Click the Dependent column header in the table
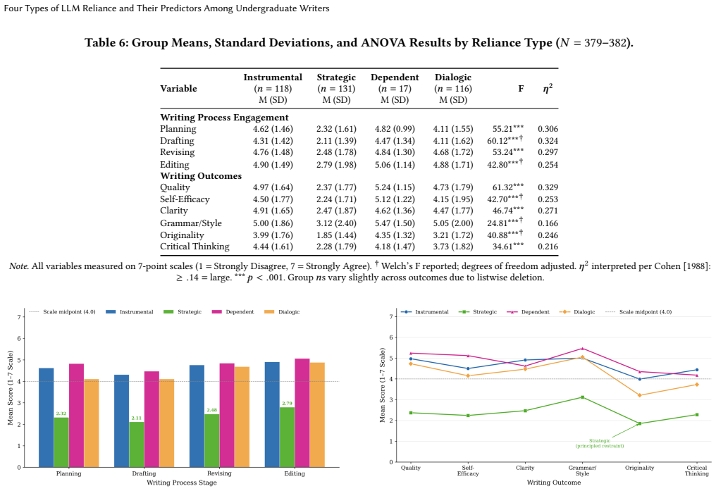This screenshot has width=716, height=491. [395, 77]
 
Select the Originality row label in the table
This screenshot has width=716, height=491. [182, 235]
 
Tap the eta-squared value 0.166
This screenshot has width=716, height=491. [548, 223]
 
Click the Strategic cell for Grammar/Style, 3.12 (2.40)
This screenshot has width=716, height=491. [336, 223]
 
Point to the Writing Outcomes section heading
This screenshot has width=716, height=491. [201, 175]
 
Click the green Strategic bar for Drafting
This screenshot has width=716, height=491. [137, 445]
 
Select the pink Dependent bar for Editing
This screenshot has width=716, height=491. [302, 413]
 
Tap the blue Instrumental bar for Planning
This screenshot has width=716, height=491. [46, 418]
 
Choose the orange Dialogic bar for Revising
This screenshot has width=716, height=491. [242, 417]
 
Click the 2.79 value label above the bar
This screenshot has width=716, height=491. [288, 404]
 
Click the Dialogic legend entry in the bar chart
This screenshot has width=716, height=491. [282, 312]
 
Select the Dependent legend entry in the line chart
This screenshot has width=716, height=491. [528, 312]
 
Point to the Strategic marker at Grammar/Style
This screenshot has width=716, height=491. [582, 397]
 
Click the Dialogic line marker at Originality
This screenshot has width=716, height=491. [639, 395]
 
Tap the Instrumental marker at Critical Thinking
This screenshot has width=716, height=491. [697, 370]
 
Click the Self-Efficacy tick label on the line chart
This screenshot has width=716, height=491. [468, 471]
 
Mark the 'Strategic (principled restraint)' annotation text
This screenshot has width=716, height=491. [600, 443]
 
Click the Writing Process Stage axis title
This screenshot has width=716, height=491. [182, 483]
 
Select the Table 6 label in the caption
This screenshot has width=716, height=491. [106, 43]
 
